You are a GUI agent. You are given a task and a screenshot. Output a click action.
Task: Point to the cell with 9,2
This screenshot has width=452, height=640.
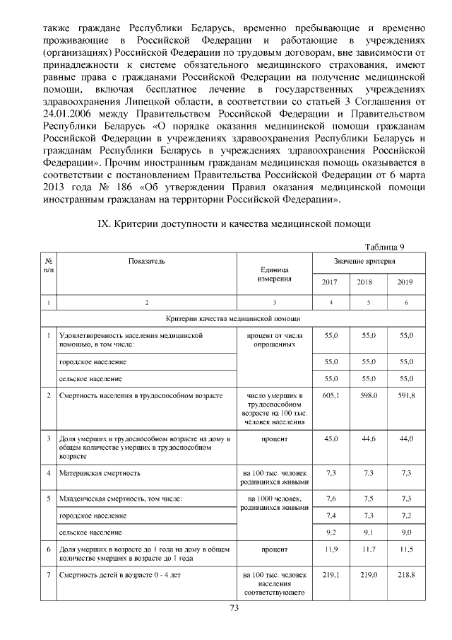point(330,531)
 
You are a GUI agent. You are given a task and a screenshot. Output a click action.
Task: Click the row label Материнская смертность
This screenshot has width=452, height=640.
point(100,472)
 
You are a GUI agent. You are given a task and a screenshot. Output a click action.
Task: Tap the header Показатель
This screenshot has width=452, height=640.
point(147,262)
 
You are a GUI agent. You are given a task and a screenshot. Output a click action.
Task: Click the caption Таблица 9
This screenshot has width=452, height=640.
point(385,246)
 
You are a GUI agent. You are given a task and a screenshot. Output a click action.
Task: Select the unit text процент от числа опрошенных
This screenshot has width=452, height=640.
point(273,339)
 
